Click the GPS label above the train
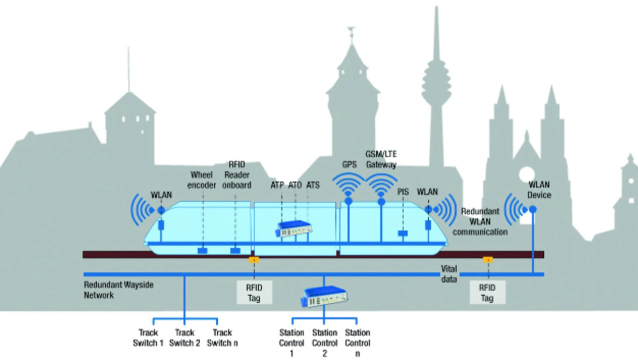tap(349, 164)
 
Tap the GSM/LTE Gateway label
tap(381, 159)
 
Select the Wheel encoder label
tap(202, 180)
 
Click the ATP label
tap(277, 185)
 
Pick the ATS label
tap(313, 185)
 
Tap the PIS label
tap(403, 191)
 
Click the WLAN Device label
tap(539, 189)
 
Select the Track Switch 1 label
tap(148, 338)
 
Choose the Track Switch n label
tap(222, 338)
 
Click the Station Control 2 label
tap(324, 343)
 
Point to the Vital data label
tap(449, 274)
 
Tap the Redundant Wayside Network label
tap(119, 290)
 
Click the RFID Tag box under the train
tap(254, 292)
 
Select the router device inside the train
tap(295, 229)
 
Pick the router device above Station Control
tap(324, 297)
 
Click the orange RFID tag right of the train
tap(487, 259)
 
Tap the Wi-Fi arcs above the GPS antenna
tap(349, 185)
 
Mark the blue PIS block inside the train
tap(403, 233)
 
